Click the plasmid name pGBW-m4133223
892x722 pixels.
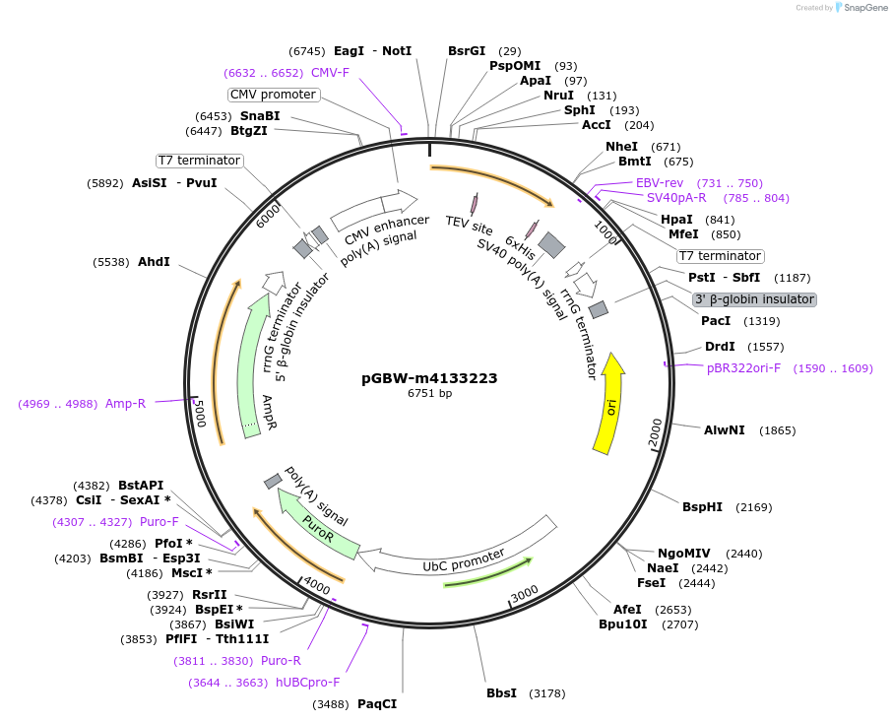[429, 378]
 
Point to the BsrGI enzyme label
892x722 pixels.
[467, 51]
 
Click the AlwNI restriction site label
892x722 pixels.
[724, 430]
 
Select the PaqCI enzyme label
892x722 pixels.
[377, 704]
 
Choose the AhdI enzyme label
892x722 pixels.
[154, 262]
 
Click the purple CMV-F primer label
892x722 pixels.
[330, 73]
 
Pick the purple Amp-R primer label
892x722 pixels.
[125, 403]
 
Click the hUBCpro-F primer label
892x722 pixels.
[307, 682]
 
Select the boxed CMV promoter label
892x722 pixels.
[274, 95]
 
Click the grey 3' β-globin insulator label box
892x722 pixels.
[754, 299]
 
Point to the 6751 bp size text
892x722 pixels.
[429, 394]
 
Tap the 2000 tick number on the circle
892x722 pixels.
[657, 429]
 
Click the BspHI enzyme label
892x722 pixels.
[702, 507]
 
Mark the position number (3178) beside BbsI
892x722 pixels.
[547, 694]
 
